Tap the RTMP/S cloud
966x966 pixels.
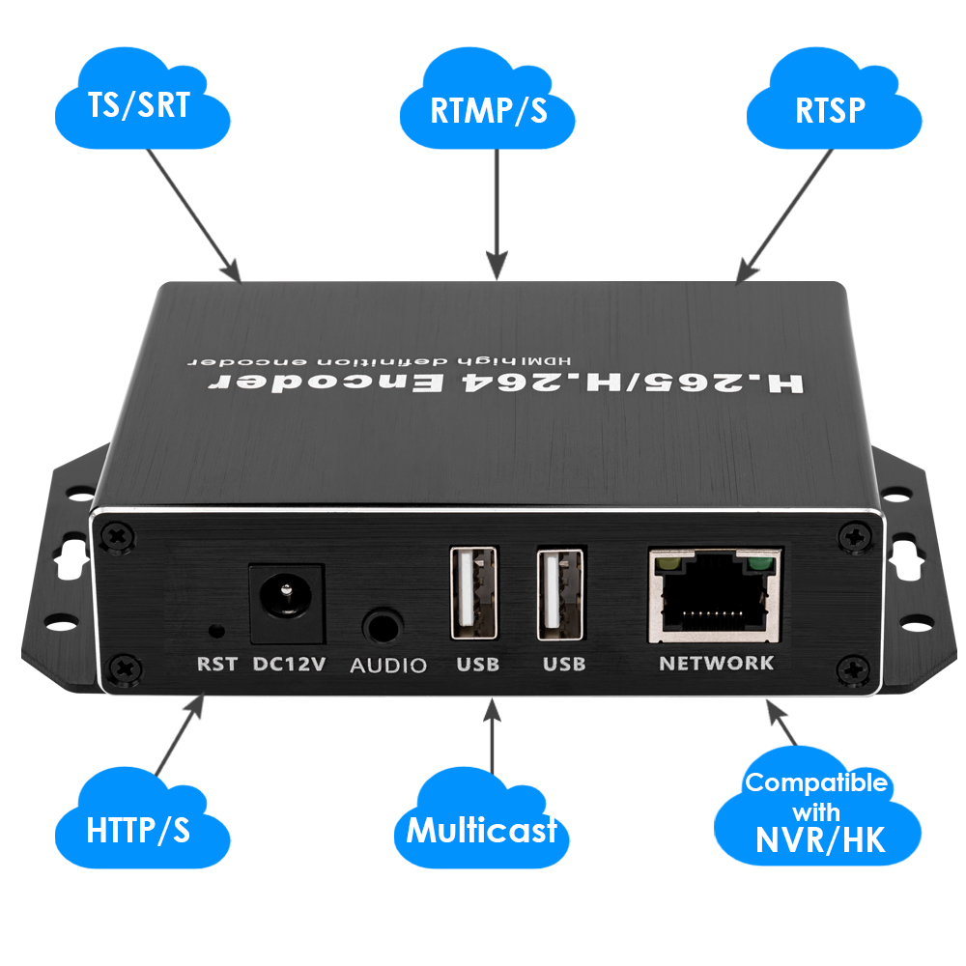489,108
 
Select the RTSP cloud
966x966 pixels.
831,108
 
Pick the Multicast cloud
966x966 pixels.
481,829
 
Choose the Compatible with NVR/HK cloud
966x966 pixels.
816,811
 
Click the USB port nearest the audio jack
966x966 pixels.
473,592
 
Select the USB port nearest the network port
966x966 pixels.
561,594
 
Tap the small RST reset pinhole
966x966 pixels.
217,631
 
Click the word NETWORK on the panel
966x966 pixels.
716,663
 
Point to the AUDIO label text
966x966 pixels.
387,666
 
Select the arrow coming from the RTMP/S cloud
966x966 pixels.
496,213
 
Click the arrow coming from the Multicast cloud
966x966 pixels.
494,739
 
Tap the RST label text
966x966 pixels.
216,665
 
